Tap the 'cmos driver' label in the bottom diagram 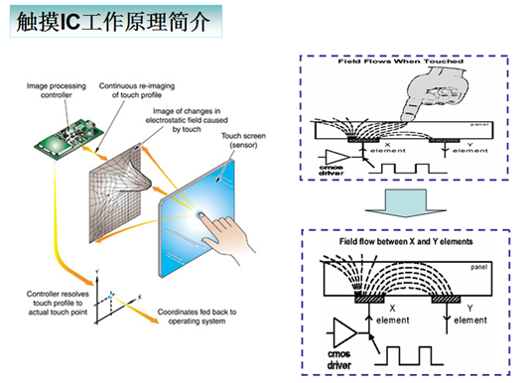[x=339, y=358]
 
